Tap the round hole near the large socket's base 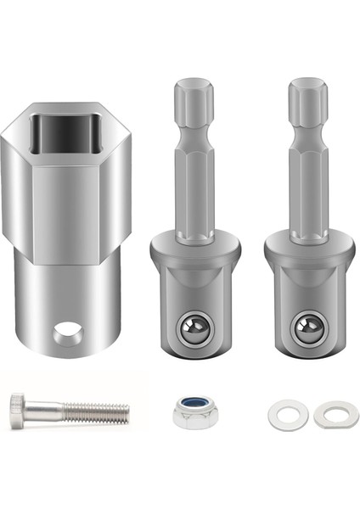click(x=67, y=333)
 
